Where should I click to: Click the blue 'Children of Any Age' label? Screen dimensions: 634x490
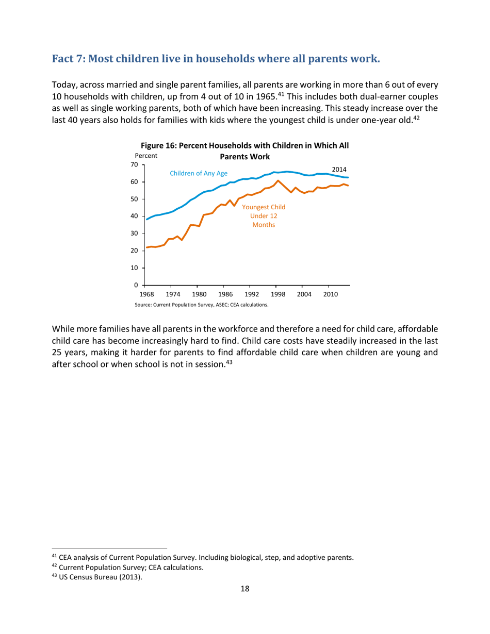coord(202,174)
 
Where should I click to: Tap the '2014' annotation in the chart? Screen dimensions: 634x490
coord(339,169)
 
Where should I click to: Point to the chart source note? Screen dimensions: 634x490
coord(201,305)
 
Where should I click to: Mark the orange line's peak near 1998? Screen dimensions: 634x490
coord(279,181)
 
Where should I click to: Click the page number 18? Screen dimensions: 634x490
coord(245,590)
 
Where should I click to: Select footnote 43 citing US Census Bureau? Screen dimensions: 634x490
coord(85,576)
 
